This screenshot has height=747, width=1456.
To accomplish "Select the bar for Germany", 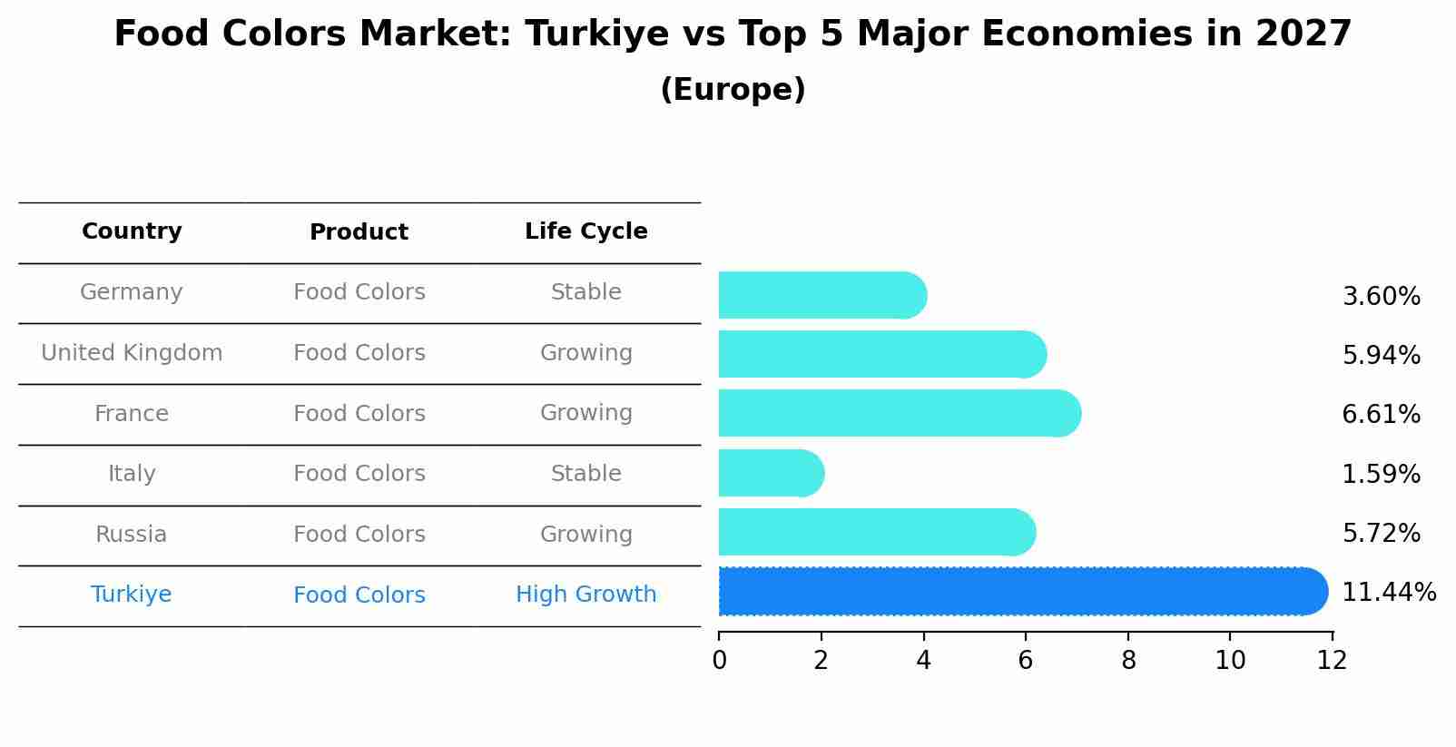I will point(821,296).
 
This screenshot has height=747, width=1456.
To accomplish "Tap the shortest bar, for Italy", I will point(771,473).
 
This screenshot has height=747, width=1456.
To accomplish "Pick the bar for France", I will point(899,414).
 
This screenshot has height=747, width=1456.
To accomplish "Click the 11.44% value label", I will point(1388,593).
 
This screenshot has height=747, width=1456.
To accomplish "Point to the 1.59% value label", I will point(1381,474).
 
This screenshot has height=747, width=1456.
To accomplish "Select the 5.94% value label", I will point(1381,355).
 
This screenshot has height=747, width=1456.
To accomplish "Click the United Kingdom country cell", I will point(132,353).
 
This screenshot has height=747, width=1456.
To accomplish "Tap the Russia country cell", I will point(132,535).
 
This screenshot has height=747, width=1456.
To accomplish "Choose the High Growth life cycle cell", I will point(585,595).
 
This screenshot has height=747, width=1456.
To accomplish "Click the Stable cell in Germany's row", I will point(585,292).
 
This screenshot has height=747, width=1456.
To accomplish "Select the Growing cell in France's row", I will point(585,413).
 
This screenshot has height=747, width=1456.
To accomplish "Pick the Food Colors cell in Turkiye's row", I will point(359,595).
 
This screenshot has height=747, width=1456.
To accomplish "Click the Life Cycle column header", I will point(585,231).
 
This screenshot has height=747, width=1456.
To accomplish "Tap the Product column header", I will point(359,232).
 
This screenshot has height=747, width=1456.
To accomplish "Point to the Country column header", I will point(132,231).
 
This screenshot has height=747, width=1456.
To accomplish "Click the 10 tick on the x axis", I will point(1230,661).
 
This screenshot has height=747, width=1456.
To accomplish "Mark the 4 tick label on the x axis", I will point(923,661).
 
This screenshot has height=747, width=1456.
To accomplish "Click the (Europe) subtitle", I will point(733,90).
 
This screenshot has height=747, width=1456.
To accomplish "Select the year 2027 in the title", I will point(1304,34).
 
